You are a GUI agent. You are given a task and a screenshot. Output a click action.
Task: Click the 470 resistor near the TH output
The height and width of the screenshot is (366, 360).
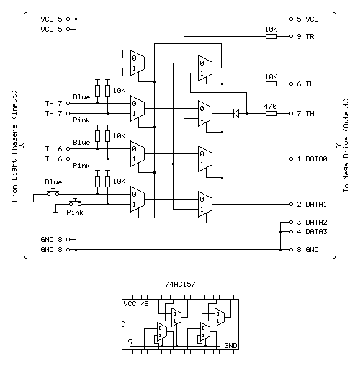[x=271, y=113]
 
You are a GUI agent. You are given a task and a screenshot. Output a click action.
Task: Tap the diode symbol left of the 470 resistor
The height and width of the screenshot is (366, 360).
[x=235, y=113]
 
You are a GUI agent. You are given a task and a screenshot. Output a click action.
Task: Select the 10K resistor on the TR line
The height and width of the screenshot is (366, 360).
[x=271, y=35]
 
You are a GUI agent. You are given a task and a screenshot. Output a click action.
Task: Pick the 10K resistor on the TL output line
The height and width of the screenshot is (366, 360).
[x=271, y=84]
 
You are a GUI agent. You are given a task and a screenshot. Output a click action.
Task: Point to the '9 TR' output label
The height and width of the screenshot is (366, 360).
[x=305, y=35]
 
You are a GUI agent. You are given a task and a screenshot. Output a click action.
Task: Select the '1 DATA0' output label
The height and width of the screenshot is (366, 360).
[x=311, y=159]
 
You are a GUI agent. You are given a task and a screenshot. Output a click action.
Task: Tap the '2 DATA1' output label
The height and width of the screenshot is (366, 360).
[x=311, y=205]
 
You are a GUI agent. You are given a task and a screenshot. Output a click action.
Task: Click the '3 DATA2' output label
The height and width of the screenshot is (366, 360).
[x=311, y=223]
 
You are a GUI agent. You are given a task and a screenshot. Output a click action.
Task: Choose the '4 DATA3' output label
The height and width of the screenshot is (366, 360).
[x=311, y=231]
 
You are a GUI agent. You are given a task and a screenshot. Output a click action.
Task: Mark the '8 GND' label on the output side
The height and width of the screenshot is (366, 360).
[x=307, y=249]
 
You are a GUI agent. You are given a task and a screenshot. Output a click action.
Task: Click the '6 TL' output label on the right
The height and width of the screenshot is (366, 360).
[x=305, y=84]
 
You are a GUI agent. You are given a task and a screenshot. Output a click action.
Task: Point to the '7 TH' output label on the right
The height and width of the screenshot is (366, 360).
[x=305, y=113]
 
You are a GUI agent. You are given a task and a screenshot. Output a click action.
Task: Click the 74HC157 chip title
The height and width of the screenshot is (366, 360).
[x=180, y=285]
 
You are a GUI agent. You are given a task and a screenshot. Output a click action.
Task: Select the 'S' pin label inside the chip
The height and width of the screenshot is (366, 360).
[x=130, y=340]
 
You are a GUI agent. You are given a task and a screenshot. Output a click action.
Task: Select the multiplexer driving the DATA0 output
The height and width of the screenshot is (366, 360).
[x=205, y=159]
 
